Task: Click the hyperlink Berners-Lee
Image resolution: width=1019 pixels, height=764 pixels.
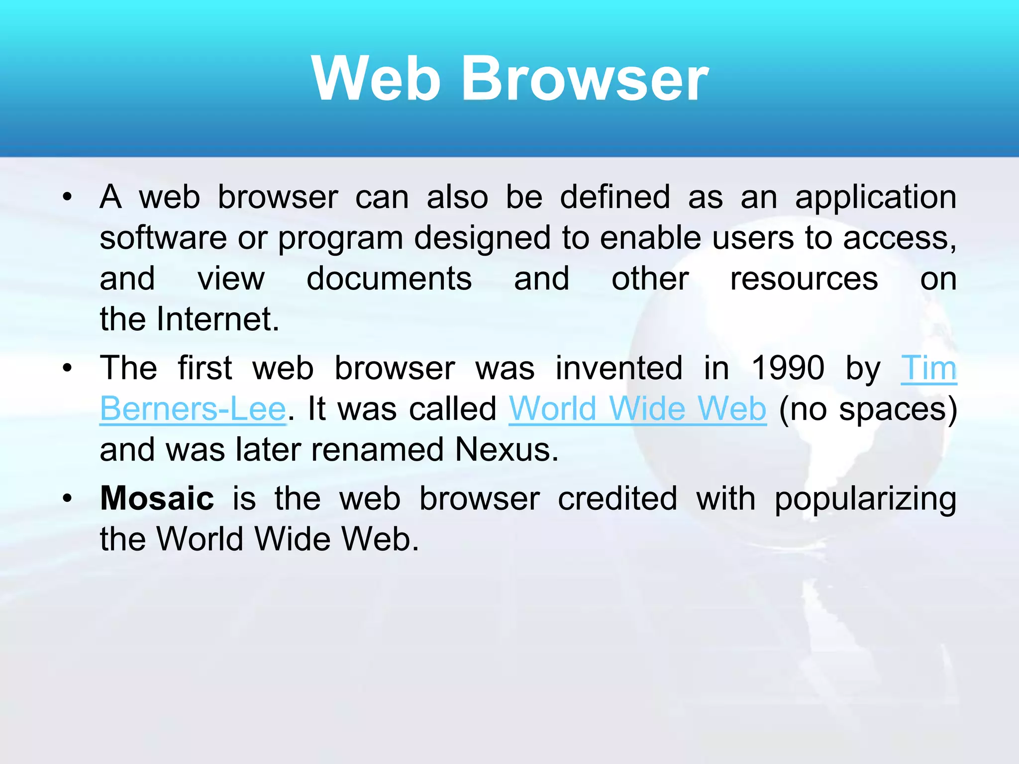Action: [193, 409]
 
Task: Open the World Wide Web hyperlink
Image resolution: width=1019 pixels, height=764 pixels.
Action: [637, 409]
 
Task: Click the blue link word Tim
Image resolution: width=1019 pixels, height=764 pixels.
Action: [928, 368]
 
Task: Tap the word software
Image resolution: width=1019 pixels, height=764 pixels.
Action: [163, 238]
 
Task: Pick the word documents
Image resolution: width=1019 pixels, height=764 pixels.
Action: [389, 279]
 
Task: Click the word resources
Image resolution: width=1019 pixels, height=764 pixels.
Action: [804, 279]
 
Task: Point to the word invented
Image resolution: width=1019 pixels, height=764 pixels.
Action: [619, 368]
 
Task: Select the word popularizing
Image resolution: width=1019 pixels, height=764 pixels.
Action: [865, 499]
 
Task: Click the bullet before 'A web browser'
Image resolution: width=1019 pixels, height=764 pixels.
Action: [68, 197]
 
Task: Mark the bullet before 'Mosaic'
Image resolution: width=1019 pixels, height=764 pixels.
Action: [68, 498]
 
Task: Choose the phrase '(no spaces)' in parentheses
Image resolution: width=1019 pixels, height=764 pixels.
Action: [868, 410]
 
